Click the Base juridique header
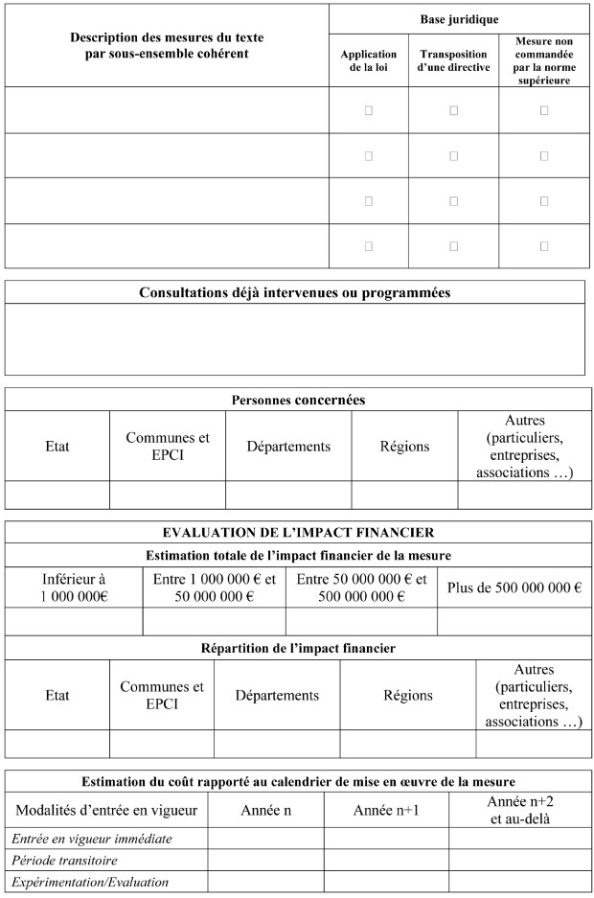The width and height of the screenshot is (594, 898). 459,19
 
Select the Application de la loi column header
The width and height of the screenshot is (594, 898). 368,61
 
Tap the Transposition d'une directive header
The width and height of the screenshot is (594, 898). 453,61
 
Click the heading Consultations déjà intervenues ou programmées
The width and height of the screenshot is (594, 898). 294,292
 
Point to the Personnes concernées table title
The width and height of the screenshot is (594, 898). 298,400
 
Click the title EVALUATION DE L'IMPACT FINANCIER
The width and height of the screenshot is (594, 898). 298,533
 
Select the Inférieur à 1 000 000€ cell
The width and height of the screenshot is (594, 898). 74,587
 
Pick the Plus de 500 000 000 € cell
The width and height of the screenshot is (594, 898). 514,587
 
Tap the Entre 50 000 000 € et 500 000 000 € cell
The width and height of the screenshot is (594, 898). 361,587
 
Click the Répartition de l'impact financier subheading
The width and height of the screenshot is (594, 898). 298,648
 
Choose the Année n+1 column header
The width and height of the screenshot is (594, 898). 386,810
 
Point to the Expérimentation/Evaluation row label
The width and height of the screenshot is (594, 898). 90,882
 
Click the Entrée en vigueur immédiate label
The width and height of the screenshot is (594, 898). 92,839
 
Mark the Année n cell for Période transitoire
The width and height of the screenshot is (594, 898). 265,860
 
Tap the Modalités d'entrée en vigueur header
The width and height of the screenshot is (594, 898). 106,810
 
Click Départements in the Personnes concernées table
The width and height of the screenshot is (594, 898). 288,447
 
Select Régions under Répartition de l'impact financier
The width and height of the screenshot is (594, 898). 407,696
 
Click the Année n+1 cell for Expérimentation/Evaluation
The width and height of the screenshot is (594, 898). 386,882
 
